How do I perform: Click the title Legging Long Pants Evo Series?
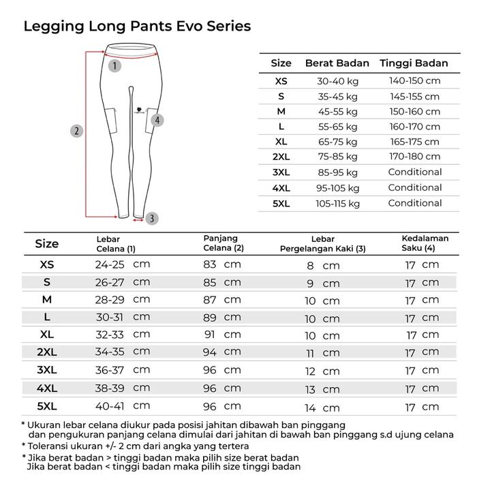point(137,27)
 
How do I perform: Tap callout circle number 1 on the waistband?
point(114,66)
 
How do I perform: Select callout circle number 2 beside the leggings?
point(77,132)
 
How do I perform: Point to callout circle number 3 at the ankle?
point(151,218)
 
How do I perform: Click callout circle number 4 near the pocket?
point(157,120)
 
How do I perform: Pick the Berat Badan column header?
point(337,63)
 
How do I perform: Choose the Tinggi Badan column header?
point(414,63)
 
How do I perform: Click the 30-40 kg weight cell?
point(337,81)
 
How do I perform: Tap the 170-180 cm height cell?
point(414,157)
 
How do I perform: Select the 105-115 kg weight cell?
point(337,203)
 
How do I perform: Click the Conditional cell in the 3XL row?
point(414,172)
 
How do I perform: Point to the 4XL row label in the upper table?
point(281,188)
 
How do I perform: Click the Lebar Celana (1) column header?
point(116,243)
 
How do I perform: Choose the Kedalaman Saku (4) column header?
point(425,243)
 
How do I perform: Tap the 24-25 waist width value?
point(110,264)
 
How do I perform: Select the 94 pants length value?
point(210,352)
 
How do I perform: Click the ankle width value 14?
point(310,408)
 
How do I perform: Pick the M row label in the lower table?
point(47,300)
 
